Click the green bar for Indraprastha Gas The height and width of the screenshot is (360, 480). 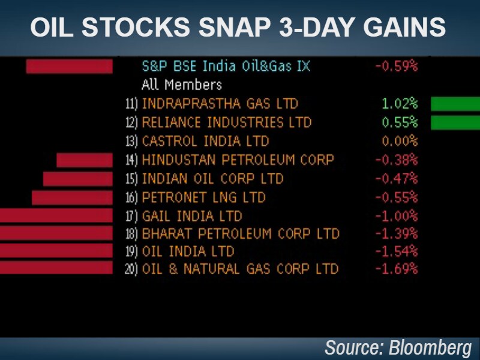(x=455, y=104)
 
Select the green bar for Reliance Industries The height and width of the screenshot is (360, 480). (x=455, y=122)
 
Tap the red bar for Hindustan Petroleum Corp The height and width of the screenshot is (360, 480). (x=85, y=160)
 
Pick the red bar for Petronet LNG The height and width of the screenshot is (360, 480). (x=72, y=197)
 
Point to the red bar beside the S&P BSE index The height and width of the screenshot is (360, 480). (x=69, y=66)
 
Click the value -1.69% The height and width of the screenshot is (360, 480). (x=396, y=269)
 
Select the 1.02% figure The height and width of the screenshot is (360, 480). (x=400, y=104)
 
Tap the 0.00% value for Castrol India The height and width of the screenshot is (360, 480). (x=399, y=142)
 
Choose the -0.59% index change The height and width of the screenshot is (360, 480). (x=396, y=66)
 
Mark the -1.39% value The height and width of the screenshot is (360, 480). (x=396, y=233)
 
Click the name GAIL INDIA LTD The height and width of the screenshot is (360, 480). (x=192, y=216)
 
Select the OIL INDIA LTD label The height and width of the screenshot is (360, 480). (x=188, y=251)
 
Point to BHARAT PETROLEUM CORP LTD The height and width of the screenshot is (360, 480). (x=241, y=233)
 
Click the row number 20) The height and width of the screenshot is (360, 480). (x=131, y=269)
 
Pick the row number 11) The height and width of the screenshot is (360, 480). (x=131, y=104)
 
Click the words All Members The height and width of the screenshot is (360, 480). (x=182, y=85)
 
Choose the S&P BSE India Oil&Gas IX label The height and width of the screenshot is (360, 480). (x=226, y=66)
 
